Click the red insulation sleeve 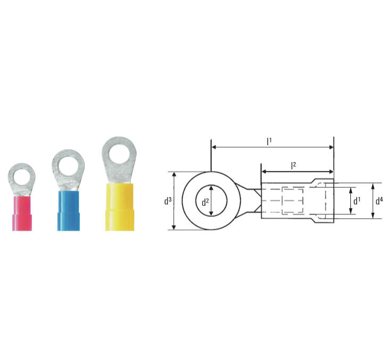click(x=22, y=213)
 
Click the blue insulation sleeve click(x=69, y=211)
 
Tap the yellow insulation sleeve click(x=120, y=207)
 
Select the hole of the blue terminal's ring click(x=68, y=166)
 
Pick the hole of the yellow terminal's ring click(x=119, y=154)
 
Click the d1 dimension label click(x=357, y=201)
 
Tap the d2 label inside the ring click(x=205, y=202)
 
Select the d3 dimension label click(x=168, y=201)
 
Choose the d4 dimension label click(x=379, y=201)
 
